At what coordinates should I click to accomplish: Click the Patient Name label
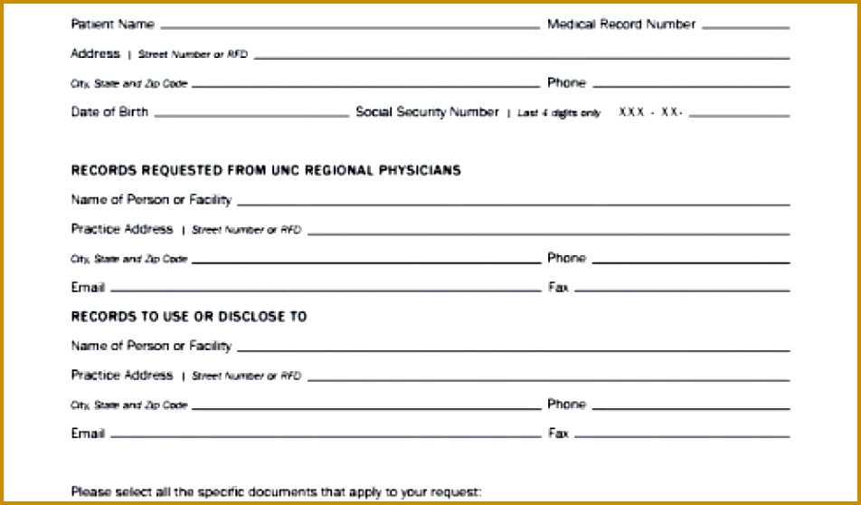coord(112,24)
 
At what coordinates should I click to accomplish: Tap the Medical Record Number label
coord(620,24)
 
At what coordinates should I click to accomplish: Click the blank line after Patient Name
coord(349,27)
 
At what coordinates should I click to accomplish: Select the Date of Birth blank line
coord(251,115)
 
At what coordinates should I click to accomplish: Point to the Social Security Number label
coord(427,112)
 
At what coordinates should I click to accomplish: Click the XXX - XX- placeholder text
coord(650,113)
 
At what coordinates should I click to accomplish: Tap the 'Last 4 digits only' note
coord(559,114)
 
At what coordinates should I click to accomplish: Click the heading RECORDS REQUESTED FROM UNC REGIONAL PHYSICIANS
coord(266,170)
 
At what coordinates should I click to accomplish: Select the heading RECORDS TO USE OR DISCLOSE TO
coord(189,317)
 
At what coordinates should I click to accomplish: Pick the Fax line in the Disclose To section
coord(682,436)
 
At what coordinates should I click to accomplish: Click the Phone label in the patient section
coord(566,83)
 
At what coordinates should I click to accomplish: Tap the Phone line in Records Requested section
coord(690,262)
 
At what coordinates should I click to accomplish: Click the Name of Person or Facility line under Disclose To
coord(513,349)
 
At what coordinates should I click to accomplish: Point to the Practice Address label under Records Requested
coord(122,229)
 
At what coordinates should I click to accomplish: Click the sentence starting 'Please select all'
coord(277,492)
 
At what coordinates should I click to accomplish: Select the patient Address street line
coord(522,57)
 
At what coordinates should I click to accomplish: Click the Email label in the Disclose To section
coord(88,434)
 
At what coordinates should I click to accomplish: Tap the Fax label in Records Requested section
coord(558,288)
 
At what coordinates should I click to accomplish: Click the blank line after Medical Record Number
coord(745,27)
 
